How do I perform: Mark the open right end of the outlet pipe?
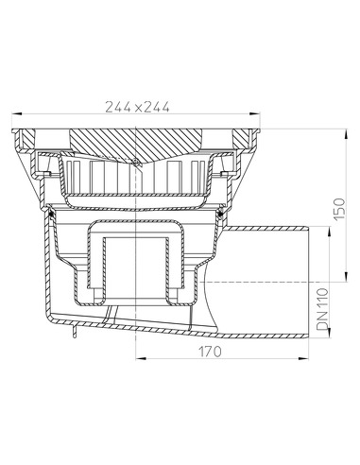pyautogui.click(x=312, y=282)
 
